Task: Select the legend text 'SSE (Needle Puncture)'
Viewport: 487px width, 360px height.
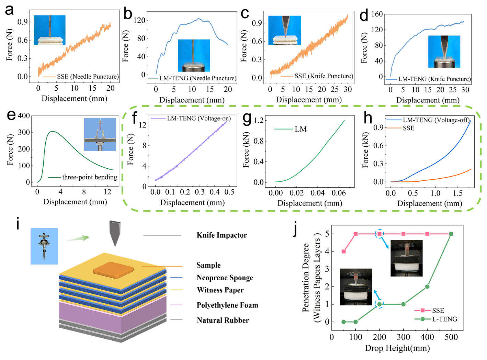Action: pyautogui.click(x=88, y=77)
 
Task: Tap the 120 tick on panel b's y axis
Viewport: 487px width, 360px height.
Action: pyautogui.click(x=139, y=20)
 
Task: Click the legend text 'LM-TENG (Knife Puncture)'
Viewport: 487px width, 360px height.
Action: pyautogui.click(x=434, y=79)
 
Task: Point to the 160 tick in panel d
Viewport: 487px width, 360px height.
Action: pyautogui.click(x=377, y=14)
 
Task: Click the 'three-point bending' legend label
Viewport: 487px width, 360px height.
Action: pyautogui.click(x=89, y=177)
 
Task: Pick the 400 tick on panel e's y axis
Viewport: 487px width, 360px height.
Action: pyautogui.click(x=24, y=116)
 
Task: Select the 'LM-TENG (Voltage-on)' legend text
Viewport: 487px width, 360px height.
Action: pyautogui.click(x=199, y=119)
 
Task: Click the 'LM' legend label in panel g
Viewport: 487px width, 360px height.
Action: pyautogui.click(x=301, y=129)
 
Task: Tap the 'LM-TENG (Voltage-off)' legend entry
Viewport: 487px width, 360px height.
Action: pyautogui.click(x=436, y=120)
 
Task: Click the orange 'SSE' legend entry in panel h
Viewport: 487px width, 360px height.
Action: pyautogui.click(x=408, y=128)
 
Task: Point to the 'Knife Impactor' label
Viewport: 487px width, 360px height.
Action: pyautogui.click(x=222, y=235)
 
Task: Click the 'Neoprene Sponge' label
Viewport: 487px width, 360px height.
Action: pyautogui.click(x=225, y=278)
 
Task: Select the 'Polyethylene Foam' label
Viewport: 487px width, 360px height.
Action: pyautogui.click(x=227, y=305)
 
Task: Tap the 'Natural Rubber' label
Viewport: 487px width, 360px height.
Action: pyautogui.click(x=223, y=320)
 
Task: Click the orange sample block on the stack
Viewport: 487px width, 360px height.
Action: pyautogui.click(x=113, y=270)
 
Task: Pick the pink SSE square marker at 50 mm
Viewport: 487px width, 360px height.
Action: pyautogui.click(x=343, y=251)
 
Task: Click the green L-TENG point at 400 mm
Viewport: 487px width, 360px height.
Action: pyautogui.click(x=427, y=286)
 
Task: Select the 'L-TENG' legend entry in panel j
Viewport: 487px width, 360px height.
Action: pyautogui.click(x=444, y=319)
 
